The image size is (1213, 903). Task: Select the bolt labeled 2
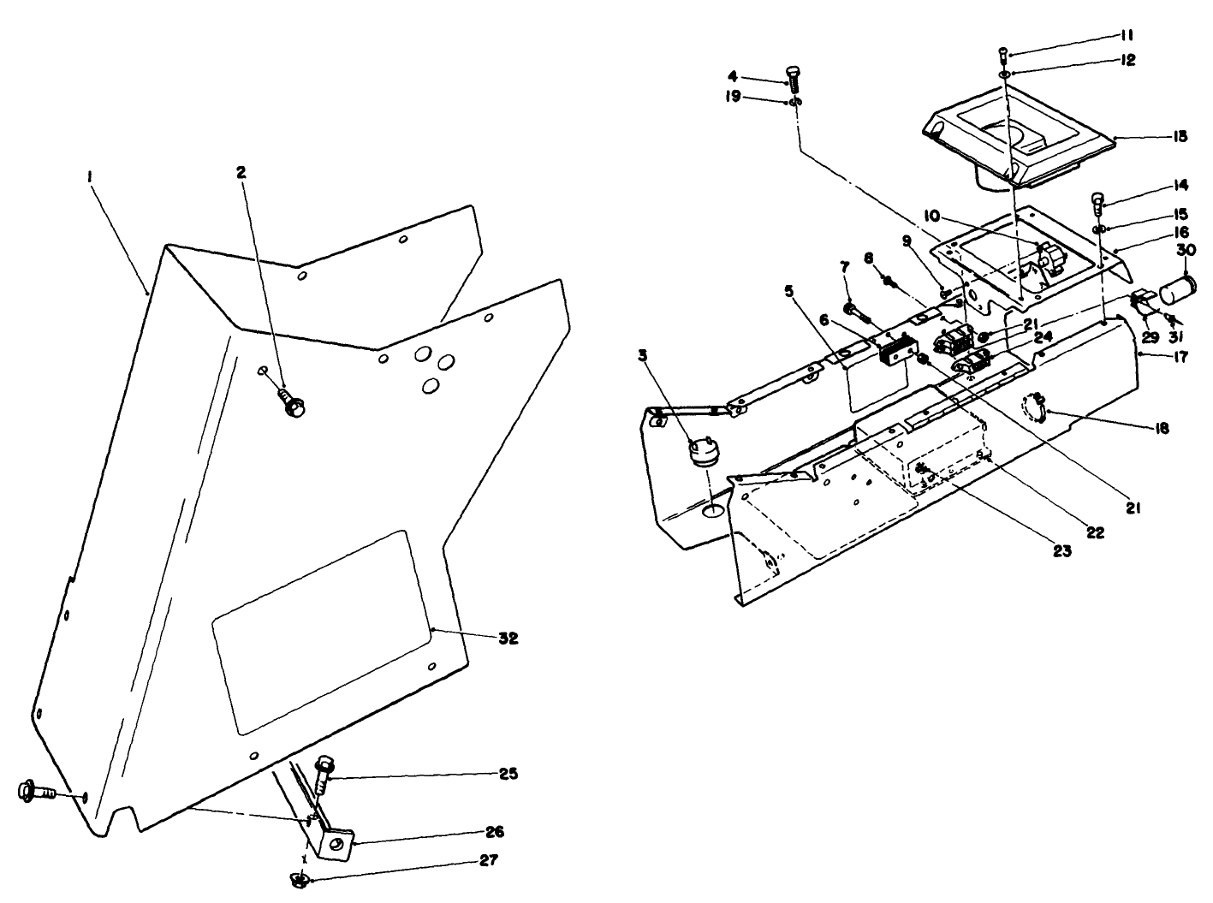click(x=292, y=404)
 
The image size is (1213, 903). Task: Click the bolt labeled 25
click(x=324, y=772)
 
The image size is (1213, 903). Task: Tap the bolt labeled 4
click(x=792, y=80)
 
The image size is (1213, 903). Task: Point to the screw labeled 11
click(x=1003, y=54)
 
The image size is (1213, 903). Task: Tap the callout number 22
click(x=1095, y=532)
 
